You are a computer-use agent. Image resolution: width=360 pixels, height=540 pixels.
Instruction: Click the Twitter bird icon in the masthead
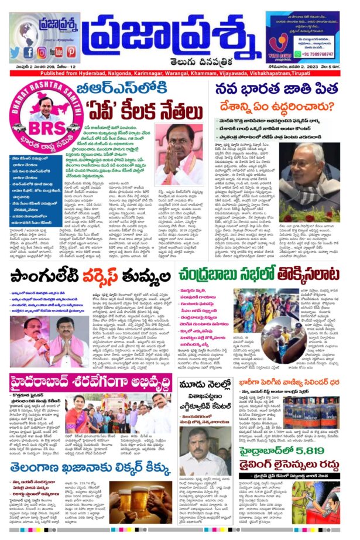15,52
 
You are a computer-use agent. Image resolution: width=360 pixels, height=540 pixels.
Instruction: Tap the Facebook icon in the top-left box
28,52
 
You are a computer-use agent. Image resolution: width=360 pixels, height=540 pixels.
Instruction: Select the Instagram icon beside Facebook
41,52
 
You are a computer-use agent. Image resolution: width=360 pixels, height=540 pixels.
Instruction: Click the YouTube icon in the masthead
54,52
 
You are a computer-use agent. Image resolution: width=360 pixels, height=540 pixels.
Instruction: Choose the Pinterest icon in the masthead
67,52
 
